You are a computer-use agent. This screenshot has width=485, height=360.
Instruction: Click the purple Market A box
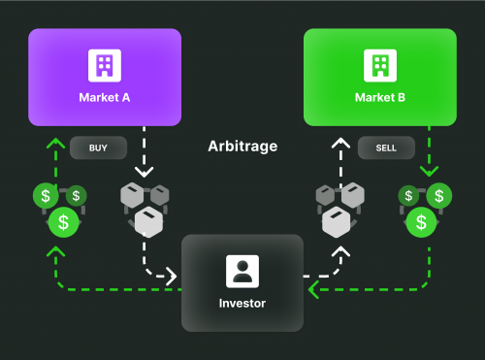[x=105, y=78]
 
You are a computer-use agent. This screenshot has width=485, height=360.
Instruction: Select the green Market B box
[x=379, y=78]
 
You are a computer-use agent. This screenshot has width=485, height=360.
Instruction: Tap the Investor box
[x=242, y=281]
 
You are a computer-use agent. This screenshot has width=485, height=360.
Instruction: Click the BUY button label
[x=97, y=148]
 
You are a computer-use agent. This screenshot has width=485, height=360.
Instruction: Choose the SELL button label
[x=385, y=148]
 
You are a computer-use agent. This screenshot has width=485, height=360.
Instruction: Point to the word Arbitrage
[x=242, y=147]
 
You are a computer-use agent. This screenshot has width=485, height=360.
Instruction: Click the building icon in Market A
[x=105, y=65]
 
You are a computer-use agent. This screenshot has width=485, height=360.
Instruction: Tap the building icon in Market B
[x=379, y=65]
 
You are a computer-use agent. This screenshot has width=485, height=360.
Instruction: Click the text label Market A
[x=105, y=98]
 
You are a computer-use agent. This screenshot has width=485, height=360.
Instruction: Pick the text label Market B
[x=379, y=98]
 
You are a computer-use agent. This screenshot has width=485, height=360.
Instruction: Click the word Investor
[x=242, y=304]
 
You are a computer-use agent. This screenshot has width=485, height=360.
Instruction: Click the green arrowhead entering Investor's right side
[x=312, y=288]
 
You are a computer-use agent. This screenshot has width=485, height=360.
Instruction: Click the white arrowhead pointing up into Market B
[x=339, y=143]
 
